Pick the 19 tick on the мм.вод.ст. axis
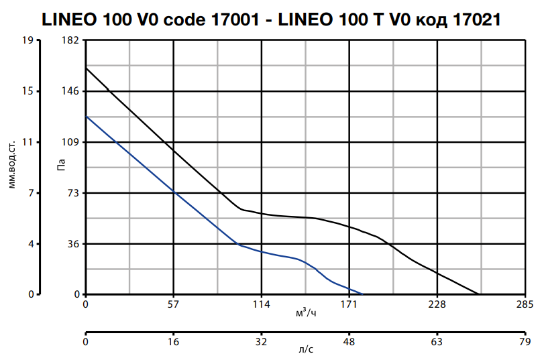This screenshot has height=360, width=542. pos(28,40)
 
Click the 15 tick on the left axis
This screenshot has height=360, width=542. pos(28,91)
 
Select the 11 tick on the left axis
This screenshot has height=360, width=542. pos(28,142)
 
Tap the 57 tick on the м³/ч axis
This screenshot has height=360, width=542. pos(174,305)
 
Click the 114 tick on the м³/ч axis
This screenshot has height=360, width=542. pos(262,305)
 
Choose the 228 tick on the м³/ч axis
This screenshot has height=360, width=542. pos(437,305)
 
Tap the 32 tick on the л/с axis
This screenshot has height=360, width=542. pos(262,343)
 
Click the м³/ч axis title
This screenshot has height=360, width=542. pos(305,313)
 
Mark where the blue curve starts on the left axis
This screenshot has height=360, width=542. pos(86,116)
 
